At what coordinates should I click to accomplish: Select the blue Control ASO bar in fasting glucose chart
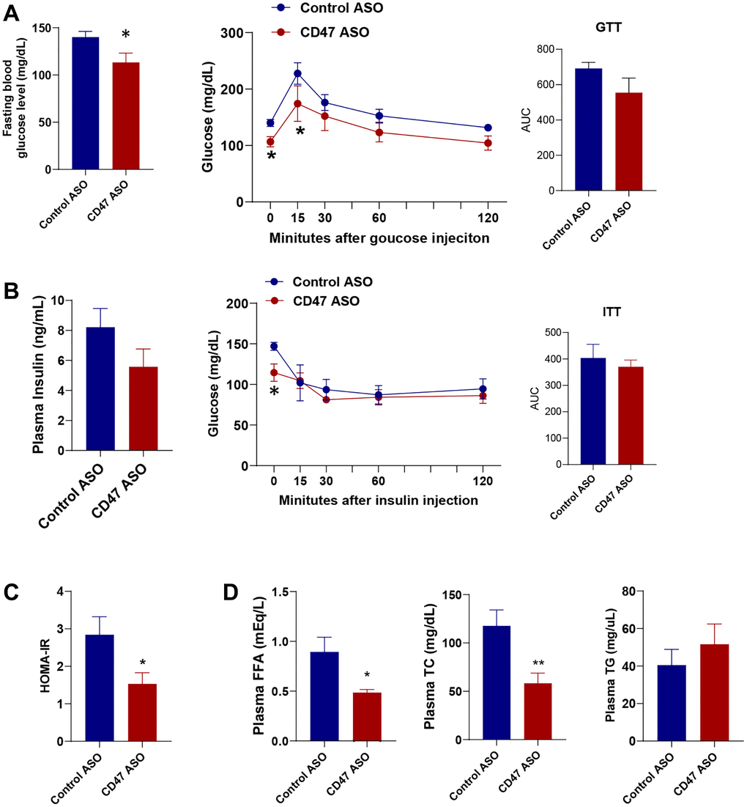pyautogui.click(x=86, y=103)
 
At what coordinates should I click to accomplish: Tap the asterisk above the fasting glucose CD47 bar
pyautogui.click(x=125, y=35)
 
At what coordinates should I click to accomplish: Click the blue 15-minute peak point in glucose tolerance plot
pyautogui.click(x=297, y=73)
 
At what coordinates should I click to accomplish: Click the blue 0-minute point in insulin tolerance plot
pyautogui.click(x=274, y=346)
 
